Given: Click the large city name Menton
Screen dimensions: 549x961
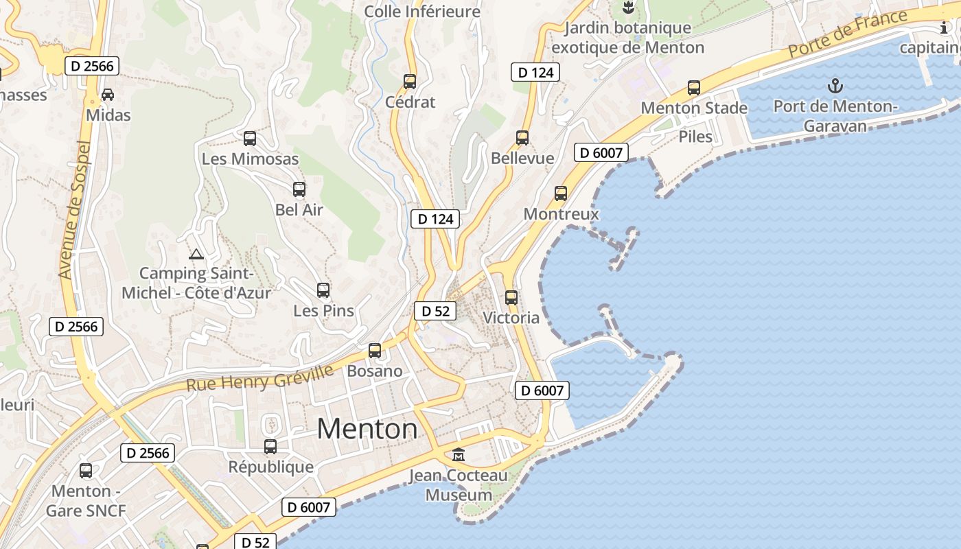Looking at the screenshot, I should coord(367,429).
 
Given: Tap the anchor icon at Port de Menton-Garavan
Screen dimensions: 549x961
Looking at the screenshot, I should coord(835,86).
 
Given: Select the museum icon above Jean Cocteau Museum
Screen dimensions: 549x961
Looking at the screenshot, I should coord(459,454).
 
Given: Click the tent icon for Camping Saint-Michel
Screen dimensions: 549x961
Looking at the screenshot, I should coord(196,255).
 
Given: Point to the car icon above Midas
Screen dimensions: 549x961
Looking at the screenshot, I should coord(108,94).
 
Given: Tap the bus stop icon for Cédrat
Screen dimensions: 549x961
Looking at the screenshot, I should coord(410,82).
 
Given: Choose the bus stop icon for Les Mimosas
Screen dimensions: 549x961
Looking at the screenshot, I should coord(250,139).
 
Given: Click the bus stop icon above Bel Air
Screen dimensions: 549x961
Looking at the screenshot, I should coord(299,189).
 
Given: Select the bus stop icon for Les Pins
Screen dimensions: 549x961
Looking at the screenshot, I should coord(323,290).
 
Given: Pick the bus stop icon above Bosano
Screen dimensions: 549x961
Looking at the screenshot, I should coord(375,351).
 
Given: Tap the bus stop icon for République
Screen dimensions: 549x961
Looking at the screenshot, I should coord(270,447).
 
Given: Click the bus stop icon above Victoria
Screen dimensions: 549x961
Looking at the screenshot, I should coord(511,298).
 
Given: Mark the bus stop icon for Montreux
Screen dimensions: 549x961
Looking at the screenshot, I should coord(561,194).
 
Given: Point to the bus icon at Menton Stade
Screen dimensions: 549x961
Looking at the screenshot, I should coord(694,88).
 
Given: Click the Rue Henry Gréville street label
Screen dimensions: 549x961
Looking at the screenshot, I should coord(260,378).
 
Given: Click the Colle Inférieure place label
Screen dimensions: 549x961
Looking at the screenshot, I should coord(422,12).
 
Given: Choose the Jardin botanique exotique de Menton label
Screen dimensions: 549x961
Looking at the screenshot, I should coord(627,38).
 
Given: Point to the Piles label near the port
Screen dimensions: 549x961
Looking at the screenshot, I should coord(695,137).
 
